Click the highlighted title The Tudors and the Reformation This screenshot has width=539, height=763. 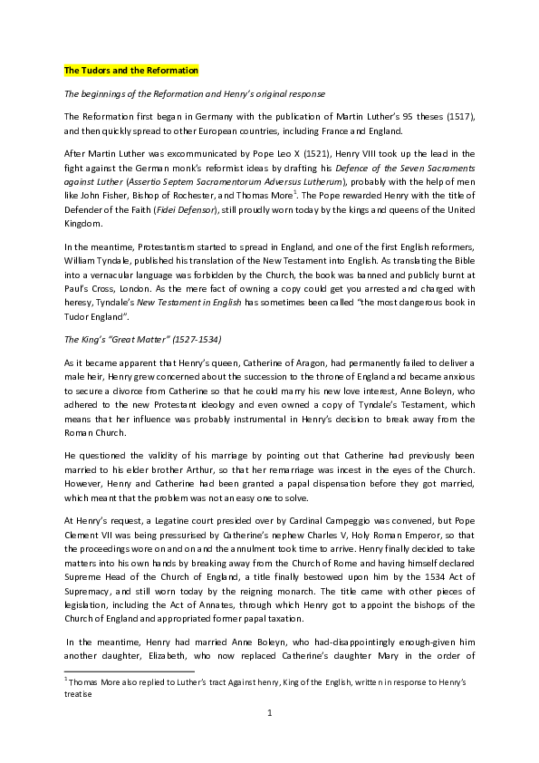130,71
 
